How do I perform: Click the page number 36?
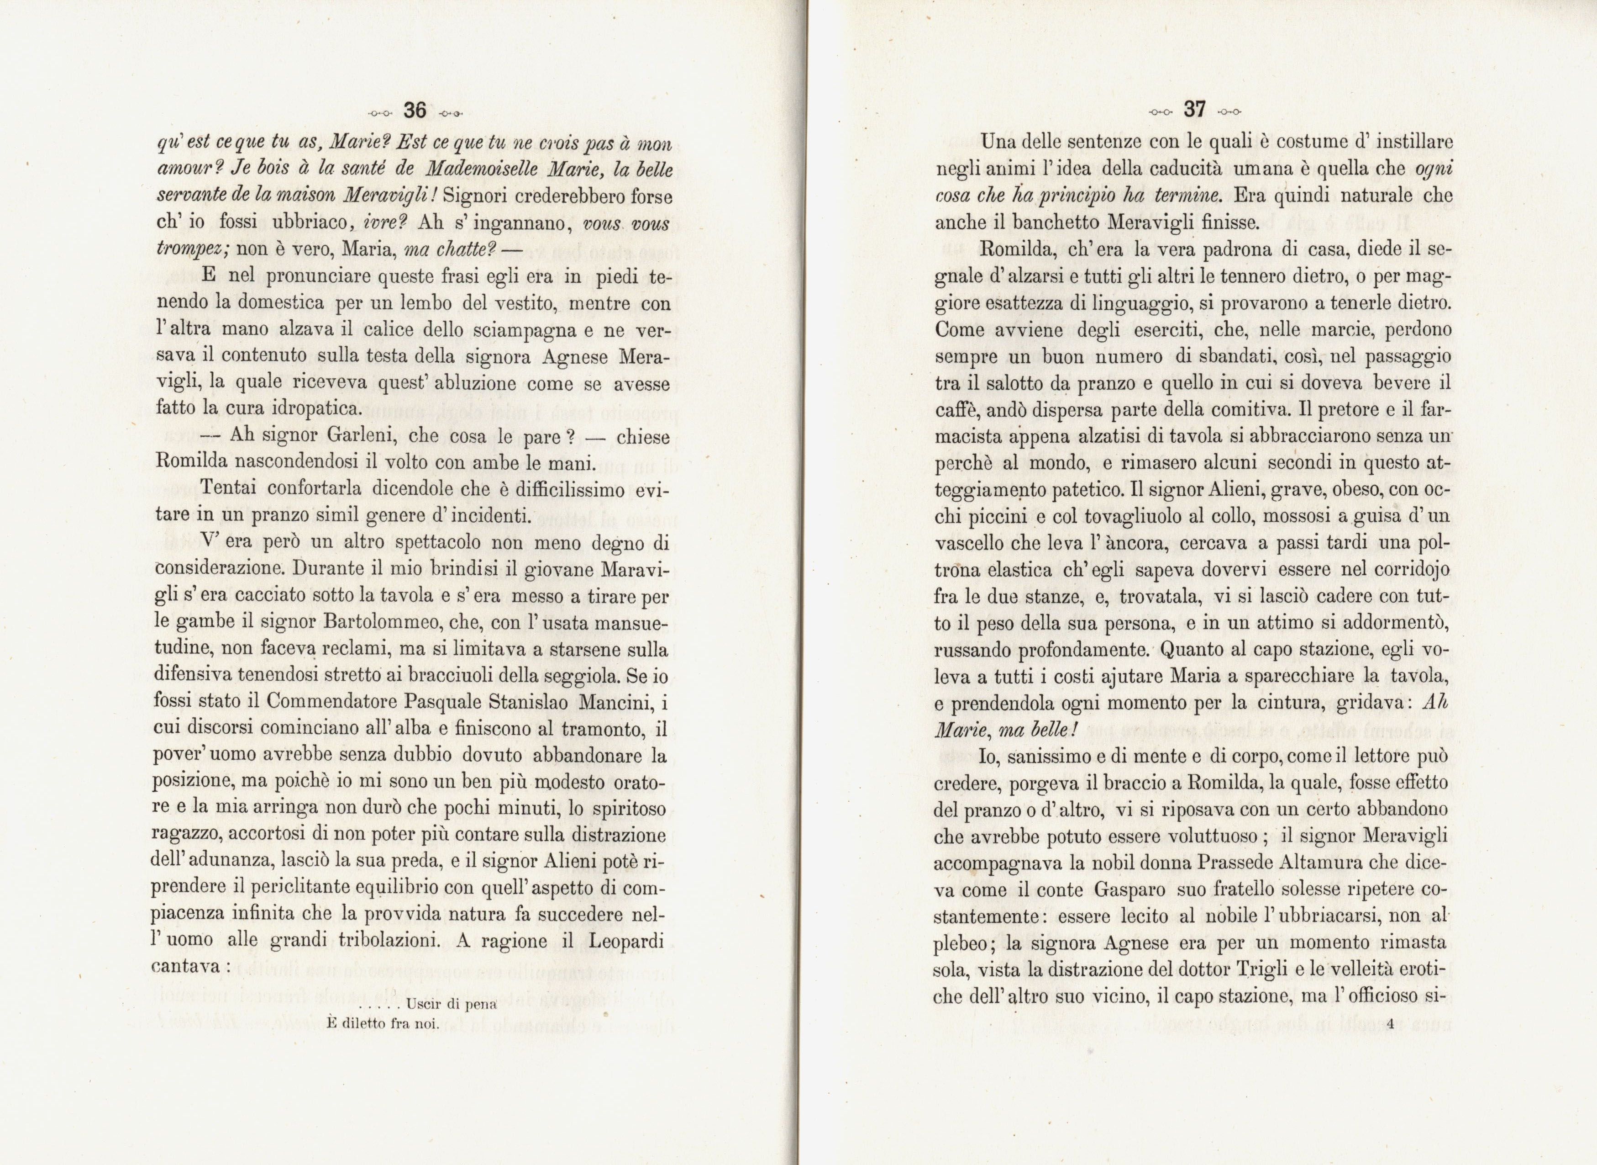pos(415,110)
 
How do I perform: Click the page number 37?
pos(1195,109)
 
